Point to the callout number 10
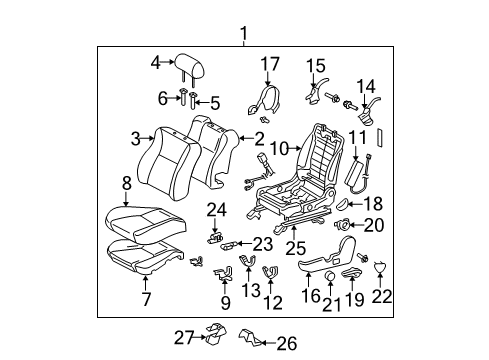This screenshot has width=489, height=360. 282,148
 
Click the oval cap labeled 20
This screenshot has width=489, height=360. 343,225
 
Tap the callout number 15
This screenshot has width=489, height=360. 315,65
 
